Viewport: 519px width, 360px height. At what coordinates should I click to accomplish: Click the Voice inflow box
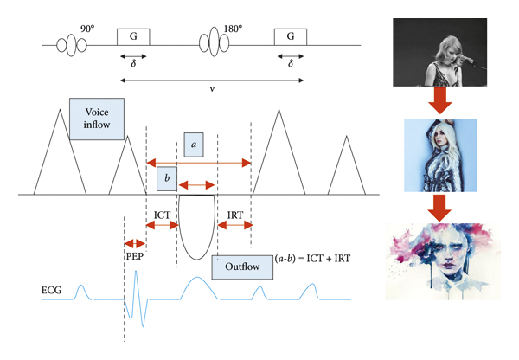[96, 116]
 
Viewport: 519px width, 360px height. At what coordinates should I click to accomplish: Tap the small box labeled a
[194, 145]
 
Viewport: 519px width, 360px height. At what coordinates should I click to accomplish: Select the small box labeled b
[168, 178]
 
